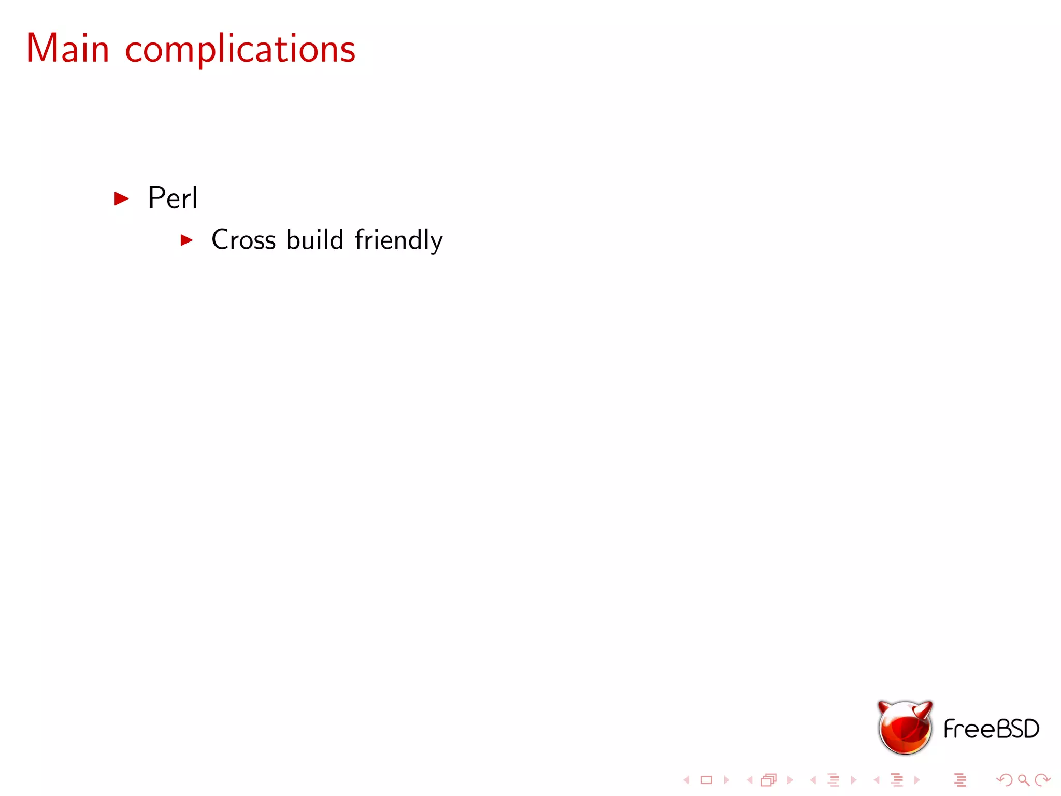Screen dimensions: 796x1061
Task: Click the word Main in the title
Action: click(68, 49)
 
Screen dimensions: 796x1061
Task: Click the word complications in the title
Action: click(240, 50)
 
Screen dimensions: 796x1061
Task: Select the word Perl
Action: click(173, 198)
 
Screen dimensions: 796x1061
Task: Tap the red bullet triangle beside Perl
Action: click(121, 198)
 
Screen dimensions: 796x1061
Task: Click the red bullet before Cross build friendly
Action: click(187, 240)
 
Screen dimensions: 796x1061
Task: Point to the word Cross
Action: click(243, 240)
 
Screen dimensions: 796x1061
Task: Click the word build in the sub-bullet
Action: click(314, 240)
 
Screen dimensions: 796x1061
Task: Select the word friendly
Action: click(398, 240)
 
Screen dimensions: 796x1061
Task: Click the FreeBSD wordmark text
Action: click(991, 729)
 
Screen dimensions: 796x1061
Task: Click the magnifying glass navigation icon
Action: click(1023, 780)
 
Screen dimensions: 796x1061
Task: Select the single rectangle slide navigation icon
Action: click(706, 780)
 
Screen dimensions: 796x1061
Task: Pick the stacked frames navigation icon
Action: click(769, 780)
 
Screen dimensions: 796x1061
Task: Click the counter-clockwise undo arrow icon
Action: click(1005, 780)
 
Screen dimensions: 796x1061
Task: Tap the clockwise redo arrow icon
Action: click(1042, 780)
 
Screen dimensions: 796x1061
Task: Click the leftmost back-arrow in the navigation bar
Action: click(686, 780)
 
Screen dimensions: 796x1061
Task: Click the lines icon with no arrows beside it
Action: click(960, 780)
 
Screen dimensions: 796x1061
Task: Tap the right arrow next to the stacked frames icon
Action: click(790, 780)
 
